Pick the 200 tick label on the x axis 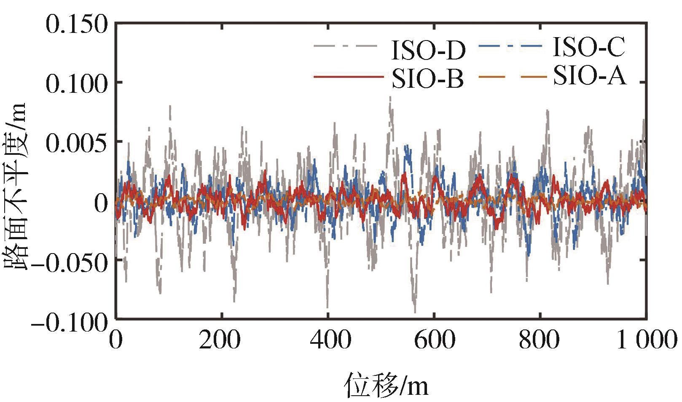pyautogui.click(x=220, y=340)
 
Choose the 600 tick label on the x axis pyautogui.click(x=435, y=340)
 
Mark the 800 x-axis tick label pyautogui.click(x=540, y=340)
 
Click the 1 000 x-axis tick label pyautogui.click(x=646, y=340)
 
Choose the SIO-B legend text pyautogui.click(x=427, y=78)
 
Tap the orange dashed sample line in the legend pyautogui.click(x=513, y=77)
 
